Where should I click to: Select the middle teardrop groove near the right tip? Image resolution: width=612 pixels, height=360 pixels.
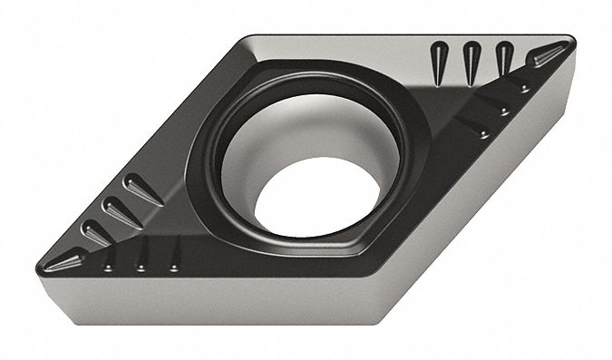pos(471,63)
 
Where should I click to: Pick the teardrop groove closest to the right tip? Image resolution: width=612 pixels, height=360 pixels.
pos(504,61)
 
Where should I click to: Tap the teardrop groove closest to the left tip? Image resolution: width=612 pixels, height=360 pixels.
pos(95,232)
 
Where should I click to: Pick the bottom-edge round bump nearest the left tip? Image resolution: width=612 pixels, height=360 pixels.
pos(109,263)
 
